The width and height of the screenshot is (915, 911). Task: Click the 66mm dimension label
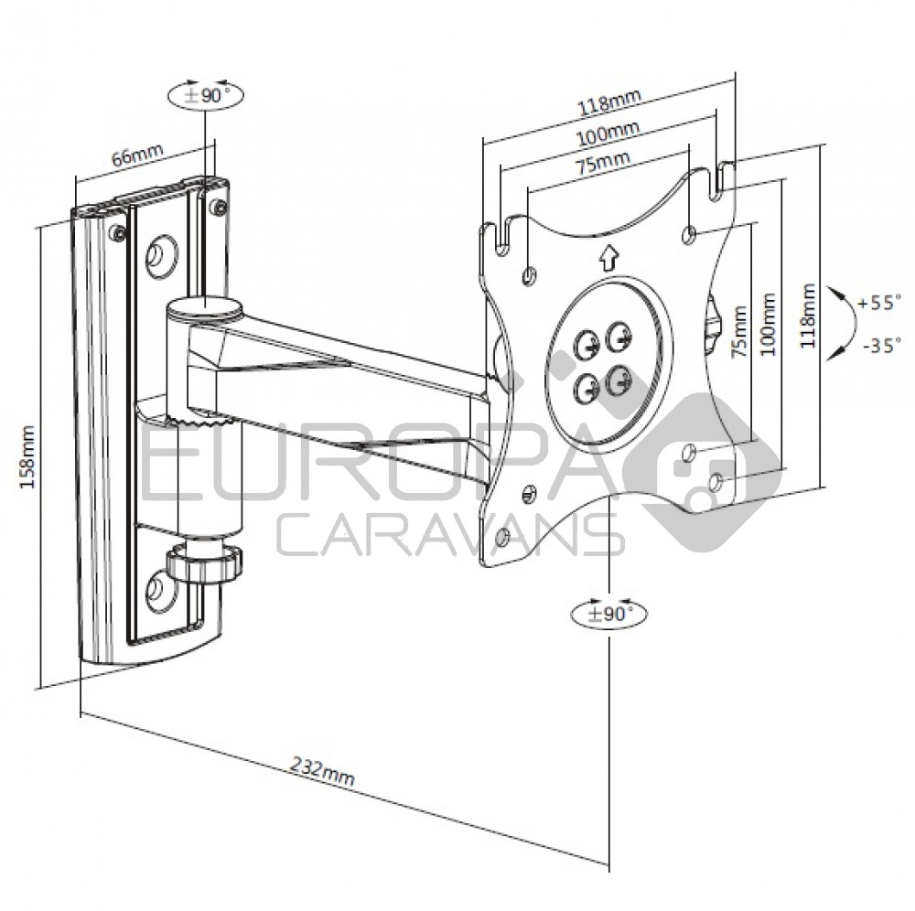[x=132, y=155]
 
